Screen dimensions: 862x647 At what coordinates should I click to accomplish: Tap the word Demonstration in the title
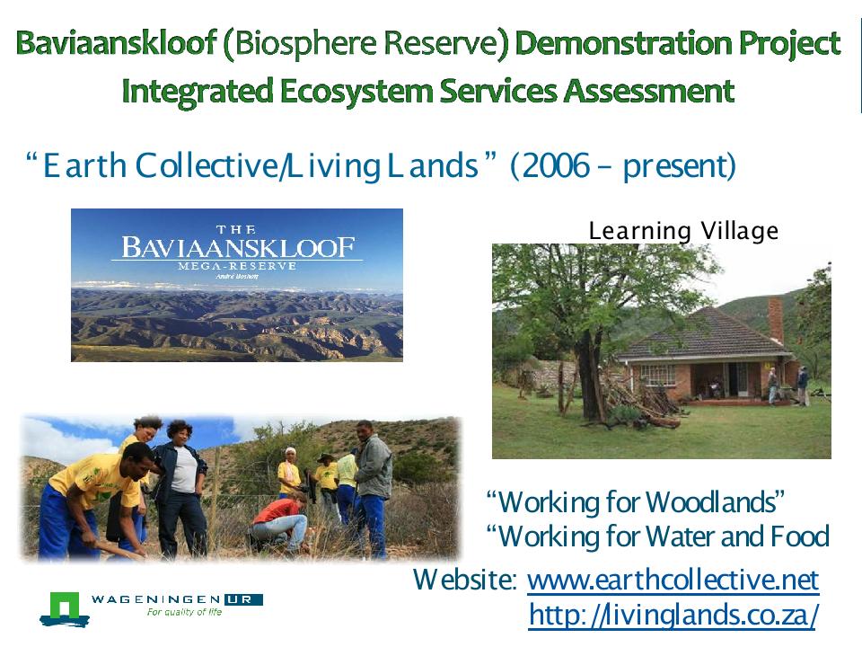click(x=623, y=43)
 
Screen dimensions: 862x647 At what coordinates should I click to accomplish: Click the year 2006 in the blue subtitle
click(x=557, y=165)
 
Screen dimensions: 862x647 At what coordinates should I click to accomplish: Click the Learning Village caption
click(x=683, y=231)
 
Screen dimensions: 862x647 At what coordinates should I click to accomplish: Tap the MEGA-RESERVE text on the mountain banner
click(x=237, y=266)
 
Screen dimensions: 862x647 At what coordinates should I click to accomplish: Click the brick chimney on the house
click(x=776, y=320)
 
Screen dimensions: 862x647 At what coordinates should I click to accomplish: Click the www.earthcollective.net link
click(x=673, y=580)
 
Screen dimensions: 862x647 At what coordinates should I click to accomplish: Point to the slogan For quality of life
click(x=184, y=612)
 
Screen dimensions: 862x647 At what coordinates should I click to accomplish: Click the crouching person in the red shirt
click(x=280, y=523)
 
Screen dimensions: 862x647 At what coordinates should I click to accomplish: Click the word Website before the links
click(x=464, y=580)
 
